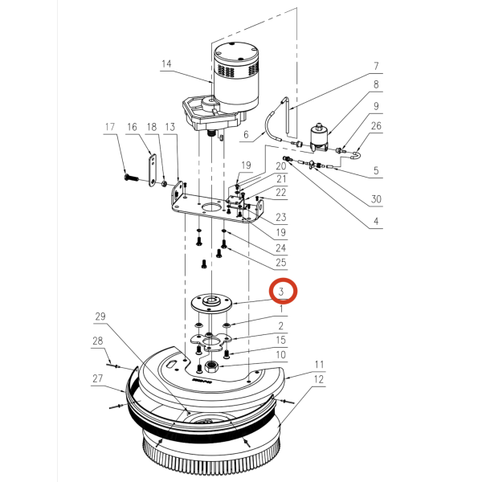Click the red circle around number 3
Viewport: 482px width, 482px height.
283,278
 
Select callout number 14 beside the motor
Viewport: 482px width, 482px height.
166,64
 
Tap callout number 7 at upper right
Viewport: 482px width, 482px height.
376,66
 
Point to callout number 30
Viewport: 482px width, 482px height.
376,199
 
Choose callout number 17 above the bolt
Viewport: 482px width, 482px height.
110,127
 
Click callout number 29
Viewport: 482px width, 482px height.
100,317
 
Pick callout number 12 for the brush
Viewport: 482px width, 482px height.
319,379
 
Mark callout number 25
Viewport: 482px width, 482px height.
281,263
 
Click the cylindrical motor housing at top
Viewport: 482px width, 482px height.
236,77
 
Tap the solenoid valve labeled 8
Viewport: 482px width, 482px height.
319,137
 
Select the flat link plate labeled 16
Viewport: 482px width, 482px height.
152,170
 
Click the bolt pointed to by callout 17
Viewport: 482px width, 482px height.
131,178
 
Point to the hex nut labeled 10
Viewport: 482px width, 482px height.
211,366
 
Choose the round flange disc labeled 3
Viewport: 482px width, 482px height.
211,304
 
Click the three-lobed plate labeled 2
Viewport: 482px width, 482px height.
210,341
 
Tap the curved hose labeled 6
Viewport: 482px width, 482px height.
268,123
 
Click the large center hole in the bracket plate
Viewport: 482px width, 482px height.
211,207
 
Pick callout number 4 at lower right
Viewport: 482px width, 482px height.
376,221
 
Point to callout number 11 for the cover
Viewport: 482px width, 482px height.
320,365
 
